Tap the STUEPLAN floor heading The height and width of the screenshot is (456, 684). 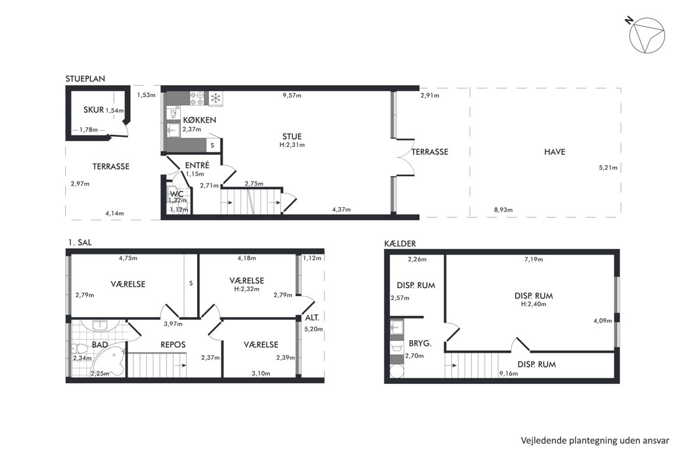[x=85, y=79]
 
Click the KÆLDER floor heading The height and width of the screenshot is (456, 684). [x=400, y=243]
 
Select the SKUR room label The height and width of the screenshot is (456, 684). [x=93, y=110]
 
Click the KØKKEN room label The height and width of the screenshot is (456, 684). [x=200, y=120]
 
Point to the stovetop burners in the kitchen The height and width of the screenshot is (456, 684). [x=197, y=98]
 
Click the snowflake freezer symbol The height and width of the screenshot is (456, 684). [x=216, y=98]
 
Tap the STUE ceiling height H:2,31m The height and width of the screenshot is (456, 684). [x=292, y=145]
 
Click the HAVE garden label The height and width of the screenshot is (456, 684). [x=555, y=152]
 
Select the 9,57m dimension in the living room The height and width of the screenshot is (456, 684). [x=292, y=95]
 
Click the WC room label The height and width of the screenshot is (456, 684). [x=177, y=194]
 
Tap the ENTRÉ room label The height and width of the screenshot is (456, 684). [x=197, y=165]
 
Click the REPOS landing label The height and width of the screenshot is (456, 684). [x=173, y=345]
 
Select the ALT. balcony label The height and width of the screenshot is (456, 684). [x=312, y=318]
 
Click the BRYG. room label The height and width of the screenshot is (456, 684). [x=420, y=343]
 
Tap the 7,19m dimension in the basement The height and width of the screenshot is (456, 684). [x=534, y=259]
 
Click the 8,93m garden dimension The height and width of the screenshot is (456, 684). [x=503, y=210]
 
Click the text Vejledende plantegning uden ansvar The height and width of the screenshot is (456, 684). [x=594, y=440]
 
